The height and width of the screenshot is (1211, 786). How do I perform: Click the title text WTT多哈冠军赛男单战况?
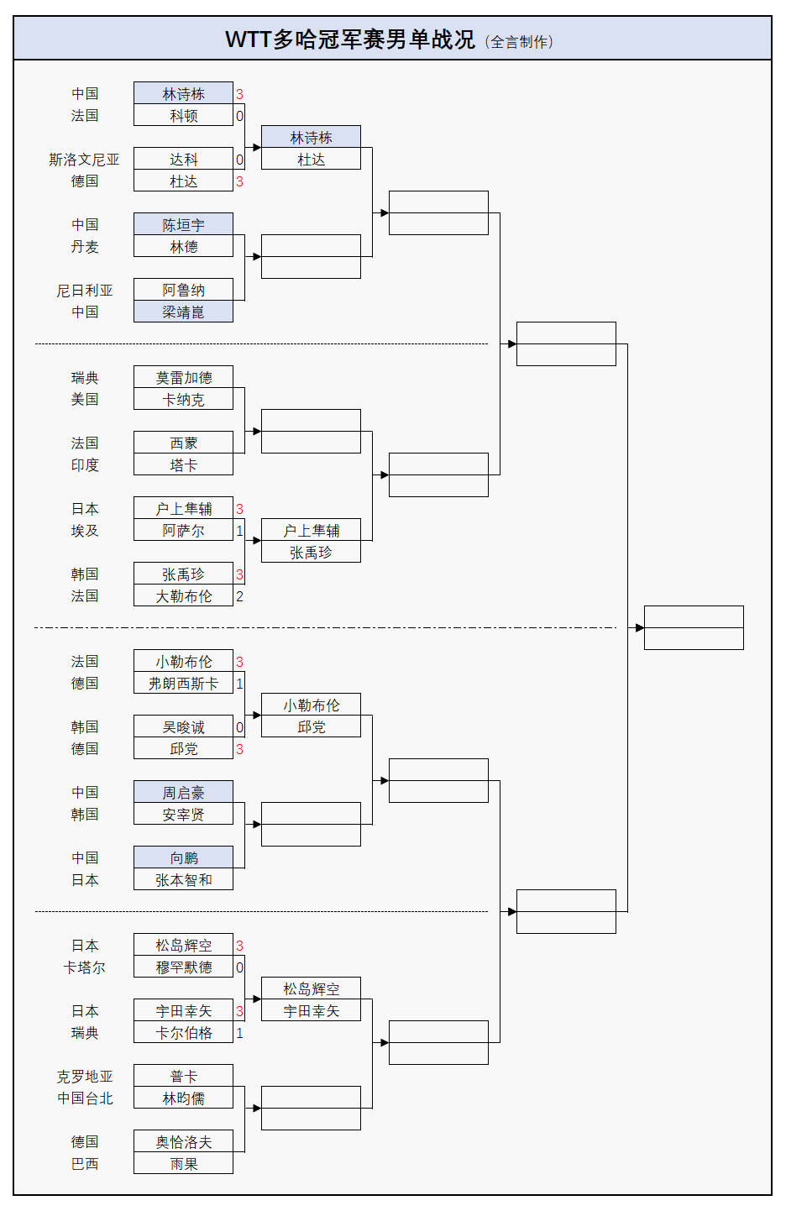[349, 39]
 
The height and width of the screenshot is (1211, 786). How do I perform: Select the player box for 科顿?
[183, 116]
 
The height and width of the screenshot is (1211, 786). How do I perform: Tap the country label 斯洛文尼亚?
[84, 160]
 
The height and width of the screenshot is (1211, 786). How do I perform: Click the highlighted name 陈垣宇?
[183, 225]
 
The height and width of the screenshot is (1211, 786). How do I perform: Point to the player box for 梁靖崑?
[183, 312]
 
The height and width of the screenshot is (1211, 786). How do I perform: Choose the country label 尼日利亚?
[84, 291]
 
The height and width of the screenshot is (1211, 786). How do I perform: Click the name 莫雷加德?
[183, 378]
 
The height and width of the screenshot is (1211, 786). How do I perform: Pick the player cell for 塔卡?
[183, 465]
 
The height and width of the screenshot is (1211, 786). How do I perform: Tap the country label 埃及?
[84, 531]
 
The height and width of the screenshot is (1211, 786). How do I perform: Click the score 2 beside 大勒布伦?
[239, 596]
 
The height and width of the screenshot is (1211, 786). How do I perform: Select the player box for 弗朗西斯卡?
[183, 684]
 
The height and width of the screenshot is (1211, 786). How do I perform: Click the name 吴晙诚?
[183, 727]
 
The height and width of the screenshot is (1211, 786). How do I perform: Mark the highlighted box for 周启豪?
[183, 793]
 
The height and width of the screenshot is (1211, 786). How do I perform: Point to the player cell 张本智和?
[183, 880]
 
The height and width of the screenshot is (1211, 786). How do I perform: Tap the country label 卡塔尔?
[84, 967]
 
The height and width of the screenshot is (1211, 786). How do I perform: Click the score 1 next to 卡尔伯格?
[239, 1033]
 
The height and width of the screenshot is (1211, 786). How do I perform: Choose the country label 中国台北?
[84, 1098]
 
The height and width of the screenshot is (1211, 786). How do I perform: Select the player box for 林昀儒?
[183, 1098]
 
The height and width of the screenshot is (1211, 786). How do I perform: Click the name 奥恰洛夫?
[183, 1142]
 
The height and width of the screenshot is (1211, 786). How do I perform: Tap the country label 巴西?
[84, 1164]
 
